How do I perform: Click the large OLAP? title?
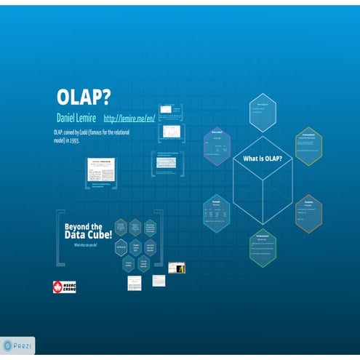click(84, 97)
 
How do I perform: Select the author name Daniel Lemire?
click(76, 117)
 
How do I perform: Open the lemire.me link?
click(129, 118)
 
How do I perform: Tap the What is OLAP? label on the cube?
click(263, 159)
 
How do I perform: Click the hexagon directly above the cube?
click(263, 113)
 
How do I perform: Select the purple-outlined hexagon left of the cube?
click(217, 145)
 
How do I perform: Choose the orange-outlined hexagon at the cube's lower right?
click(308, 212)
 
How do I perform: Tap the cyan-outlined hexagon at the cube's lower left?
click(217, 212)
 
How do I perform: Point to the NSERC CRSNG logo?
click(64, 287)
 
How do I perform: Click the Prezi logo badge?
click(18, 345)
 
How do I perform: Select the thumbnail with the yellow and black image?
click(177, 268)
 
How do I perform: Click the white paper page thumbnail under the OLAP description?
click(102, 169)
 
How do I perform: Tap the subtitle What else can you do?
click(84, 245)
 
